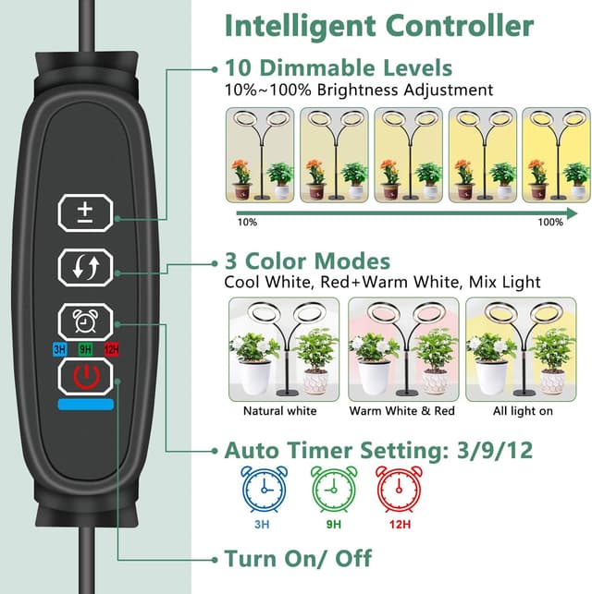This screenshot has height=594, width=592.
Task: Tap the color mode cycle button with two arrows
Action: tap(86, 268)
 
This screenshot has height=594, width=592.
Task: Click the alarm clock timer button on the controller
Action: tap(86, 322)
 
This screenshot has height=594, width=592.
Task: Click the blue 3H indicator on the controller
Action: tap(59, 349)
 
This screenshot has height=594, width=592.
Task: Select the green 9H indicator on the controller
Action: tap(86, 349)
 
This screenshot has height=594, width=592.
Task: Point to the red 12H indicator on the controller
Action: tap(112, 349)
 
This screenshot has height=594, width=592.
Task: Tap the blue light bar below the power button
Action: tap(86, 405)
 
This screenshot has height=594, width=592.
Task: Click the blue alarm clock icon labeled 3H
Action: tap(264, 489)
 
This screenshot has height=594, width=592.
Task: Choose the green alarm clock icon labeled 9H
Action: tap(334, 489)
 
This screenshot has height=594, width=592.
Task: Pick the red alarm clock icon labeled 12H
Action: tap(399, 489)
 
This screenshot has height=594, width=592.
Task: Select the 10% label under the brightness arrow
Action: tap(247, 222)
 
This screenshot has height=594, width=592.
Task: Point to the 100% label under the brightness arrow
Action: tap(550, 222)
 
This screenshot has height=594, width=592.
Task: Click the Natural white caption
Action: tap(280, 411)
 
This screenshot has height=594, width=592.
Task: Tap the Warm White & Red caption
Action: tap(402, 411)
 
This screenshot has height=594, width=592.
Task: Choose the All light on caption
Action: tap(523, 411)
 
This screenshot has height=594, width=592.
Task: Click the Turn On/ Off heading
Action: tap(298, 558)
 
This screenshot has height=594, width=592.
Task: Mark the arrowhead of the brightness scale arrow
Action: tap(572, 213)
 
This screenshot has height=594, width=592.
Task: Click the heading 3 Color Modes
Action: tap(308, 261)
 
